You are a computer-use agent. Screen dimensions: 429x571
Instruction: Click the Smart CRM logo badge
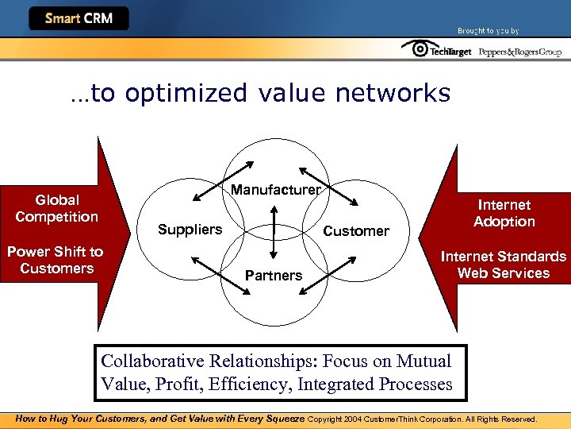tap(79, 18)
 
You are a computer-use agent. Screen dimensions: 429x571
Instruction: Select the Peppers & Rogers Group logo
tap(520, 52)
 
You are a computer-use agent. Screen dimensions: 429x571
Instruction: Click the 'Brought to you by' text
tap(488, 31)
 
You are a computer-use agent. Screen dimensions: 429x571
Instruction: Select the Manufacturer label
tap(275, 190)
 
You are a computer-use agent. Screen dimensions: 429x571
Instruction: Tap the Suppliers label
tap(190, 230)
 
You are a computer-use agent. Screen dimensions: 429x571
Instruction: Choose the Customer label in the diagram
tap(356, 231)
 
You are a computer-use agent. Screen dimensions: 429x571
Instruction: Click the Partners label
tap(274, 276)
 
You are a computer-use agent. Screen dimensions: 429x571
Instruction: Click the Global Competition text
tap(57, 208)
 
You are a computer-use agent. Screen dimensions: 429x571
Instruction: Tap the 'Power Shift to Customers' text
tap(56, 260)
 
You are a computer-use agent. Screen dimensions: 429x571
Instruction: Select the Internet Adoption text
tap(504, 213)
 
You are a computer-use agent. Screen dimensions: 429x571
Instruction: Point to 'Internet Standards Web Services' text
tap(504, 265)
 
